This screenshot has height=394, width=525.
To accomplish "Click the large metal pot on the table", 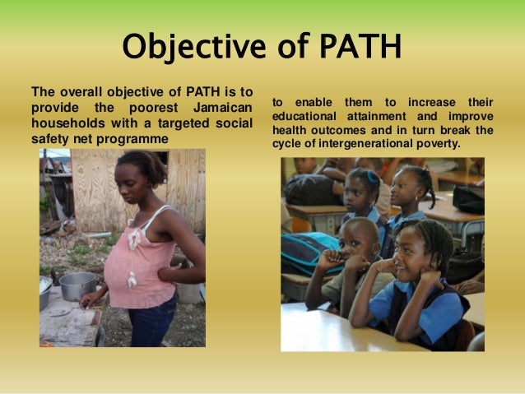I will (77, 285).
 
